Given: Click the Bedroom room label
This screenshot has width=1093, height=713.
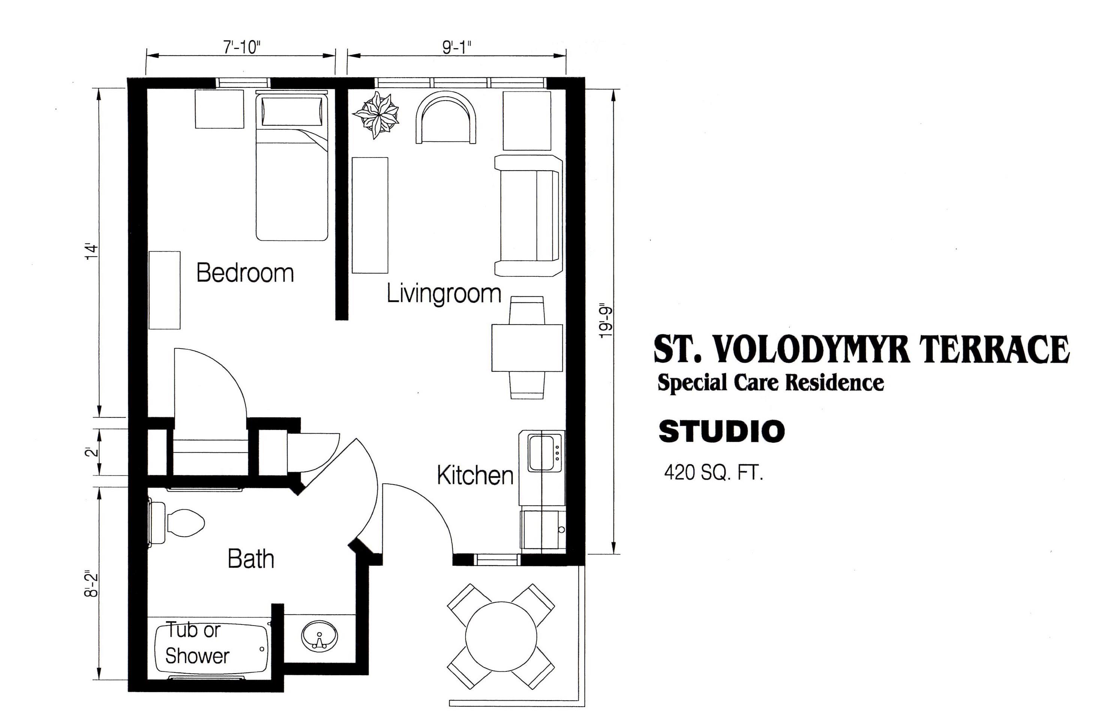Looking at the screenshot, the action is coord(245,273).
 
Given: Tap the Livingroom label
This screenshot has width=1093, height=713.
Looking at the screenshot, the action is coord(444,294).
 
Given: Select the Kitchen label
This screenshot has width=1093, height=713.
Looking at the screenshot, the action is coord(475,476).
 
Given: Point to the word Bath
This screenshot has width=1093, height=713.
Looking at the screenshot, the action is coord(251,559).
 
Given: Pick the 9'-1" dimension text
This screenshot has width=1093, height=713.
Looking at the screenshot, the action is coord(457,47).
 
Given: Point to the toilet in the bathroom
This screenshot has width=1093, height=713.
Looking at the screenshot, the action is coord(176,523).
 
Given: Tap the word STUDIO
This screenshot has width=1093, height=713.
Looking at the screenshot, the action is coord(721,431).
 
